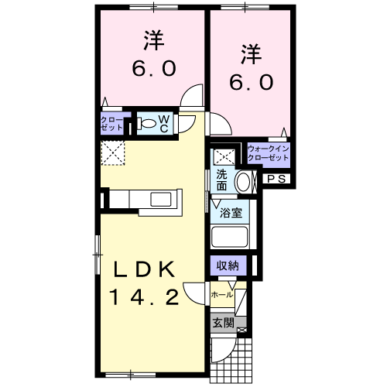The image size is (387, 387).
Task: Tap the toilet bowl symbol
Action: (x=148, y=122)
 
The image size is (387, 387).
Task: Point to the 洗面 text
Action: (x=223, y=180)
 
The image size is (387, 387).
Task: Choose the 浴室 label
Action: (x=231, y=211)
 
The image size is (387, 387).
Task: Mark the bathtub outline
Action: (x=230, y=237)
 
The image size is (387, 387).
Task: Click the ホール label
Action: (x=221, y=295)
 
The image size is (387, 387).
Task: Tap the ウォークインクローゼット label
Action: (x=269, y=152)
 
